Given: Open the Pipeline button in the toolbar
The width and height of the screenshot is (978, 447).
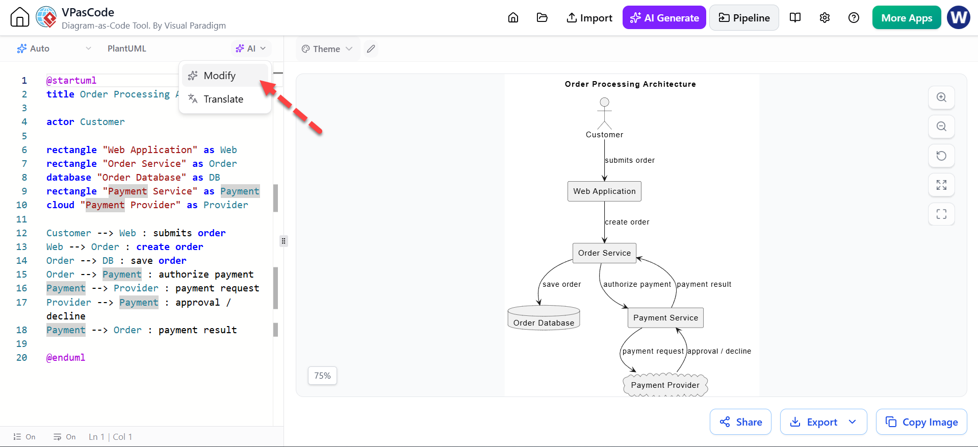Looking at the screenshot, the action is (x=744, y=18).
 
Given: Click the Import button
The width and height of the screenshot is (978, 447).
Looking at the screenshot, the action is (x=589, y=18).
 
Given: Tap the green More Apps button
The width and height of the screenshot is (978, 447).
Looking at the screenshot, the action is (x=907, y=18).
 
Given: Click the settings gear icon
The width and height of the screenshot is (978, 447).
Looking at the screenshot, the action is (x=825, y=18).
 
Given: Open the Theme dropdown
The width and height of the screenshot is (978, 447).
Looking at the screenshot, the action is (x=327, y=49).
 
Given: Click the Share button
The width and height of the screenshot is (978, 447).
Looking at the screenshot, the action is (x=740, y=422).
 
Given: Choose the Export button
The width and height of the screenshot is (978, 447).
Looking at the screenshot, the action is (x=823, y=422).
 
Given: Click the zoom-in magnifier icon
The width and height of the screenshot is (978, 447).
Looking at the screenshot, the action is (x=941, y=97).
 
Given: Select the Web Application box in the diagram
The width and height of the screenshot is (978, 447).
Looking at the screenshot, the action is (x=604, y=191).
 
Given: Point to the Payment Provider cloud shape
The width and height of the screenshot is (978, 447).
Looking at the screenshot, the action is (x=665, y=385).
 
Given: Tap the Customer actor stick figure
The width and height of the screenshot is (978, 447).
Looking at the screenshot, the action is (x=604, y=113).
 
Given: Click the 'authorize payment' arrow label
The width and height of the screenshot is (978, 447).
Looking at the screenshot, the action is (x=637, y=284).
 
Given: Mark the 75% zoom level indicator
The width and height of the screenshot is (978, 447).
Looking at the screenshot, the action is (x=322, y=376).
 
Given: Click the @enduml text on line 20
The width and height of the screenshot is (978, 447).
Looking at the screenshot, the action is (x=66, y=358).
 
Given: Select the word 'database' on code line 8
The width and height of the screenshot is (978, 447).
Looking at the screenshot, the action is (x=69, y=178).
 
